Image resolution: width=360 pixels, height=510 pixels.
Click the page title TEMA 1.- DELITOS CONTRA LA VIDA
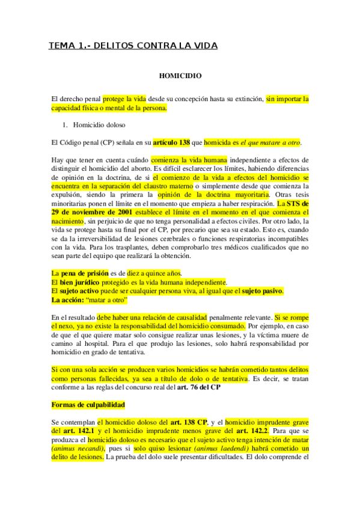tap(133, 46)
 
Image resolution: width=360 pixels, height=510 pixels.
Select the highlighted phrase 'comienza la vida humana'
tap(189, 160)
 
